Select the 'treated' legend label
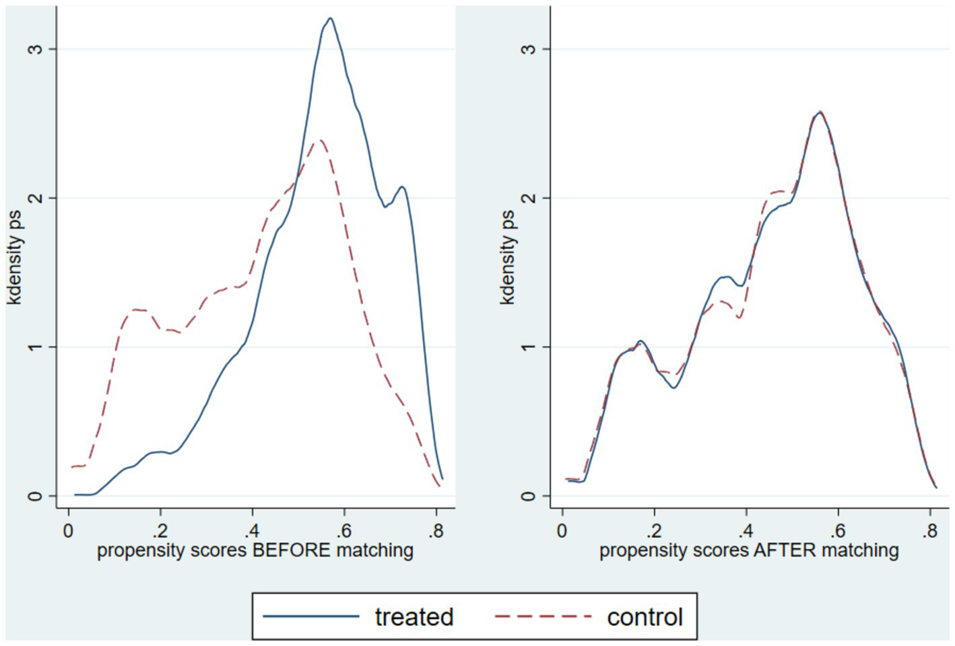pyautogui.click(x=414, y=616)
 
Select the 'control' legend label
pyautogui.click(x=645, y=616)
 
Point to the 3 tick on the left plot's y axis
pyautogui.click(x=34, y=49)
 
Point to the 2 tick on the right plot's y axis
pyautogui.click(x=529, y=198)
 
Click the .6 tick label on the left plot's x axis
pyautogui.click(x=343, y=531)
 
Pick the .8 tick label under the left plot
pyautogui.click(x=436, y=531)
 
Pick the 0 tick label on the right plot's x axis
pyautogui.click(x=562, y=531)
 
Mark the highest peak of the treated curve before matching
pyautogui.click(x=329, y=18)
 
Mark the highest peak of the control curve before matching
pyautogui.click(x=321, y=140)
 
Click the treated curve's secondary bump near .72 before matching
pyautogui.click(x=402, y=187)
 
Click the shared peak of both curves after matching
pyautogui.click(x=820, y=112)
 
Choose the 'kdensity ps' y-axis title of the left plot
pyautogui.click(x=15, y=258)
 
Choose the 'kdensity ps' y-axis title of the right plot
pyautogui.click(x=508, y=258)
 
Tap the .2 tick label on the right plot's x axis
pyautogui.click(x=653, y=531)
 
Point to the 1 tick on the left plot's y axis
pyautogui.click(x=34, y=347)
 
